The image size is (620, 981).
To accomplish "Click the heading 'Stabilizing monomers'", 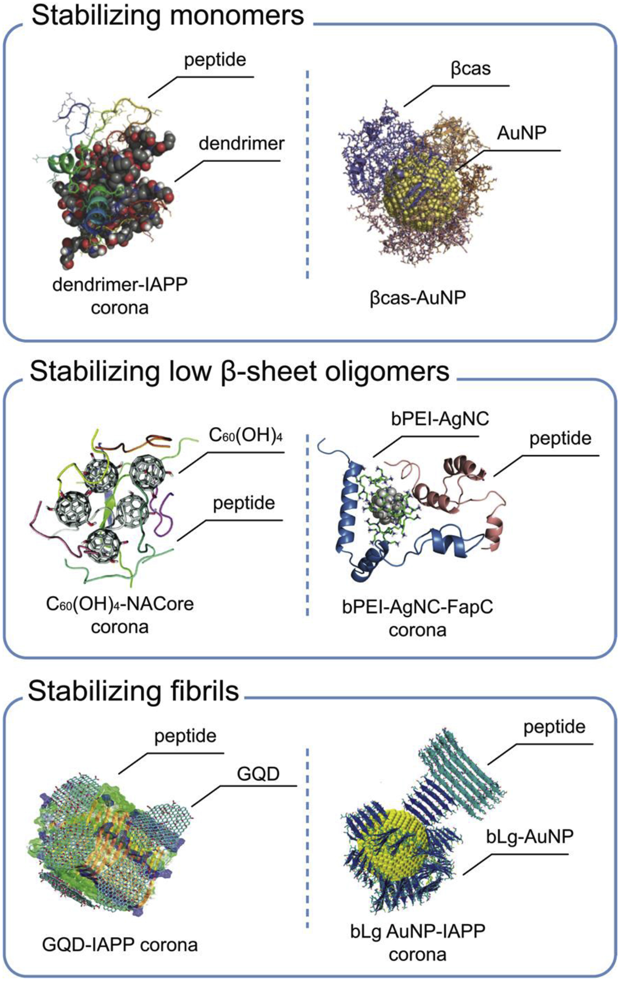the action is tap(167, 16).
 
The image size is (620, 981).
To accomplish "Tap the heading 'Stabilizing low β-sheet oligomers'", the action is tap(239, 372).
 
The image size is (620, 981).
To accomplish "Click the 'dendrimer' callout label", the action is tap(241, 144).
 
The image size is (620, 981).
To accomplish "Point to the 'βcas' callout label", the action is tap(470, 68).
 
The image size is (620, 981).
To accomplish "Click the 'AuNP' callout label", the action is tap(521, 133).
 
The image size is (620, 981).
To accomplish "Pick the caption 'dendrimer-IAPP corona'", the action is tap(120, 296).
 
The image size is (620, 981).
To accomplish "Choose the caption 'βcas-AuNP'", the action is tap(417, 298).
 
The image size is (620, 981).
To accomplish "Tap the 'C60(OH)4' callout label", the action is tap(245, 435).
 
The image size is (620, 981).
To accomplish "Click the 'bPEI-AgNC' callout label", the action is tap(439, 419).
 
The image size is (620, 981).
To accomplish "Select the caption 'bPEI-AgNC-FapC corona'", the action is tap(417, 618).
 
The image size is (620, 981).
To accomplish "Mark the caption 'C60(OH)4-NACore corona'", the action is tap(120, 615).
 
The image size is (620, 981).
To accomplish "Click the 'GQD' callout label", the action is tap(258, 774).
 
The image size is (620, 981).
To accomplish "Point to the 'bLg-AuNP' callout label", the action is tap(529, 836).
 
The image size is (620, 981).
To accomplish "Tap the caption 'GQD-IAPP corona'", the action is tap(120, 945).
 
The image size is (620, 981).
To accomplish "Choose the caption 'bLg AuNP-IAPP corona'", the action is tap(417, 942).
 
